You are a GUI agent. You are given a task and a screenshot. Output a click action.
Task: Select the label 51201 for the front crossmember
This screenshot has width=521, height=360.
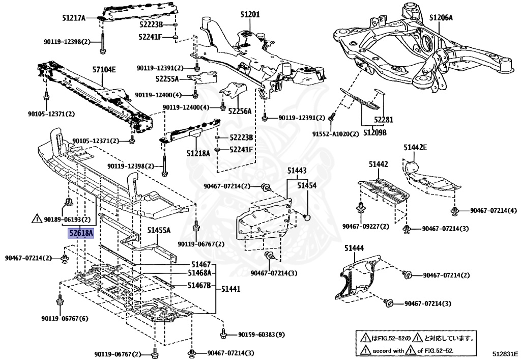250,15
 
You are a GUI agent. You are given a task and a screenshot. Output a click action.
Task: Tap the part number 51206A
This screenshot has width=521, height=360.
441,18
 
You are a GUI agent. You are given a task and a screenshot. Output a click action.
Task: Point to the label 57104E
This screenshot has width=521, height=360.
104,69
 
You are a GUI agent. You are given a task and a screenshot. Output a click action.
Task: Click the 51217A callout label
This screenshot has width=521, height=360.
74,18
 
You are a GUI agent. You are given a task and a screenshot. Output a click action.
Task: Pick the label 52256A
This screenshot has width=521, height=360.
240,110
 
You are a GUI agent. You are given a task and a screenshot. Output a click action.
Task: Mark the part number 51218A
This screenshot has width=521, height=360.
198,152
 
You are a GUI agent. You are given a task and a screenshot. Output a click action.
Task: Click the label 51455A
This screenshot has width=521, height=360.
159,230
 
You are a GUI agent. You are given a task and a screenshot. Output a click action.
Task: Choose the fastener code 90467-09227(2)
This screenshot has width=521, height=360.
365,226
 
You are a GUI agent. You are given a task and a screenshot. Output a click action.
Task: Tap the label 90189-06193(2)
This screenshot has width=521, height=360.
67,219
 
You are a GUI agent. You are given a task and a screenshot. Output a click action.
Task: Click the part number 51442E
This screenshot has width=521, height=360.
415,148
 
